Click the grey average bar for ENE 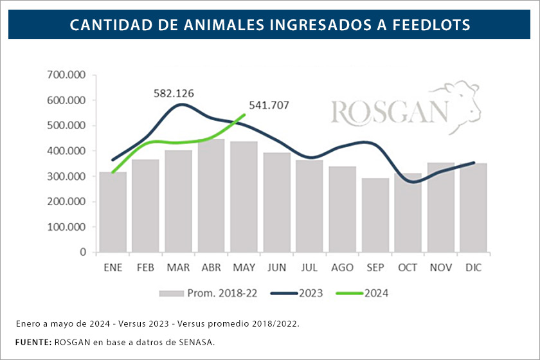113,212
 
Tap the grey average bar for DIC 474,208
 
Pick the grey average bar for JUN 276,203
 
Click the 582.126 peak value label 174,93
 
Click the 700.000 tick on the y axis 67,75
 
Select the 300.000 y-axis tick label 67,176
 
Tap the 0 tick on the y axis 82,252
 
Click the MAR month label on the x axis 178,267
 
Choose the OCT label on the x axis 408,267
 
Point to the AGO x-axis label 343,267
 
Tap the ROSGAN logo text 389,112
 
